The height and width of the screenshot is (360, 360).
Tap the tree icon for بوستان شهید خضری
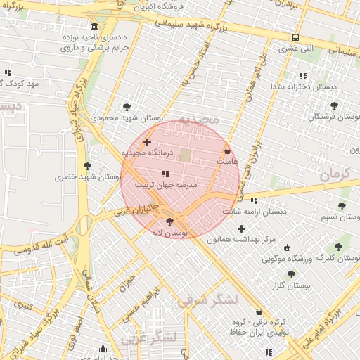87,166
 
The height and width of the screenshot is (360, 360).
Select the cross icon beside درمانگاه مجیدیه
147,143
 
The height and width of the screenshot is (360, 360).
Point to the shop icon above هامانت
227,150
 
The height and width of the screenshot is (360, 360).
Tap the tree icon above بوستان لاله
169,221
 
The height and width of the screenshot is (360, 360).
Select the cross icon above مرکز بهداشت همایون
242,229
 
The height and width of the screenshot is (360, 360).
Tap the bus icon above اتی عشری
296,38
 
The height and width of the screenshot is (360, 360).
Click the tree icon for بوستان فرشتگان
334,105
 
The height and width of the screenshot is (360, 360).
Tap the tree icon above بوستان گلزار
291,274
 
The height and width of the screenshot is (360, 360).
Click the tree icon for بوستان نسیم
342,206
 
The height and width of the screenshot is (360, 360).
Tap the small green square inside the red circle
186,155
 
